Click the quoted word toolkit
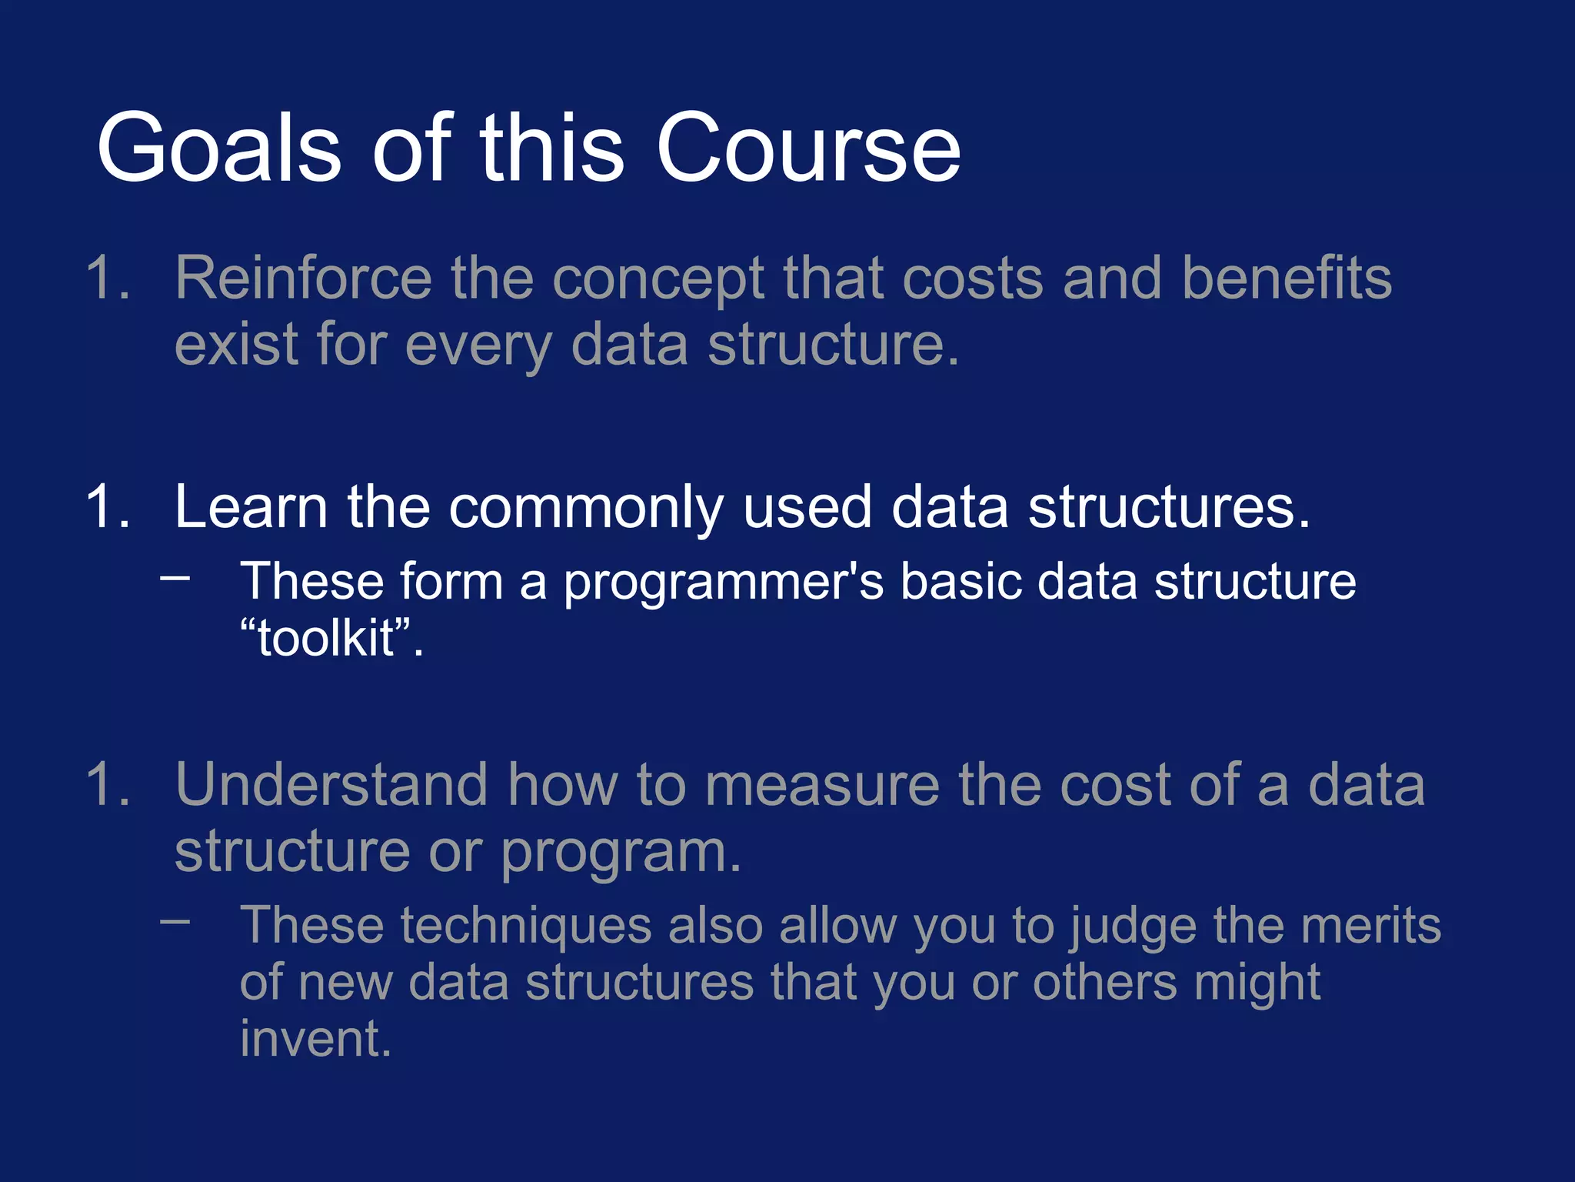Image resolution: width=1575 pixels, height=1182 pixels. (x=327, y=638)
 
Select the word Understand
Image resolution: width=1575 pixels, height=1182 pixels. (x=331, y=785)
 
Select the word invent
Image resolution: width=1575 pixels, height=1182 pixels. (x=315, y=1039)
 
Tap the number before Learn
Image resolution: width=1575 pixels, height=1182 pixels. (x=108, y=507)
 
